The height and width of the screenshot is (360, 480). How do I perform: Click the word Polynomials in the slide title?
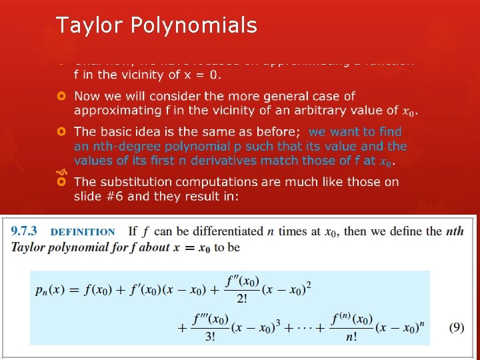click(x=194, y=25)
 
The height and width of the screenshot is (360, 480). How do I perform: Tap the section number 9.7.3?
click(x=24, y=231)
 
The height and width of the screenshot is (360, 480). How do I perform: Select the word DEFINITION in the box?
click(x=83, y=232)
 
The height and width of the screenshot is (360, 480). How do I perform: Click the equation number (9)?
click(x=456, y=327)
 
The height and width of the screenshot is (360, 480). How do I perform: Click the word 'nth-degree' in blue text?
click(x=127, y=146)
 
